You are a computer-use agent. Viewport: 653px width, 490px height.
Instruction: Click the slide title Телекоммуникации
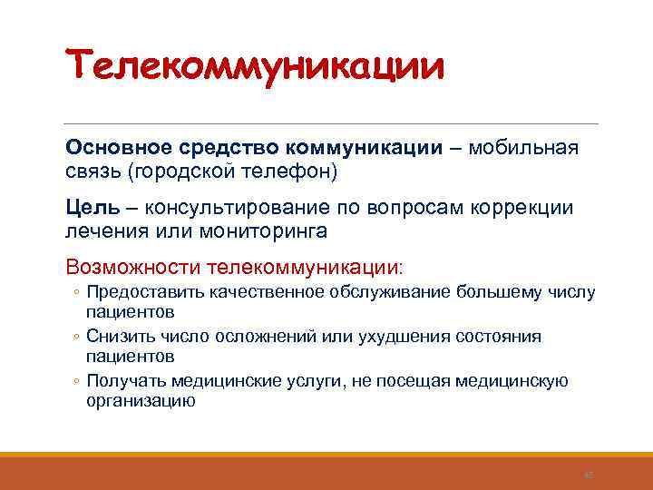pyautogui.click(x=255, y=68)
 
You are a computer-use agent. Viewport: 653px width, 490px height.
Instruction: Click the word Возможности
pyautogui.click(x=133, y=268)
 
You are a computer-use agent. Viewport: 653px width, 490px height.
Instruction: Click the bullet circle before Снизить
pyautogui.click(x=78, y=337)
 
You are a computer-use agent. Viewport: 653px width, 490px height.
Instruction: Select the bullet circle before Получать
pyautogui.click(x=78, y=381)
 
